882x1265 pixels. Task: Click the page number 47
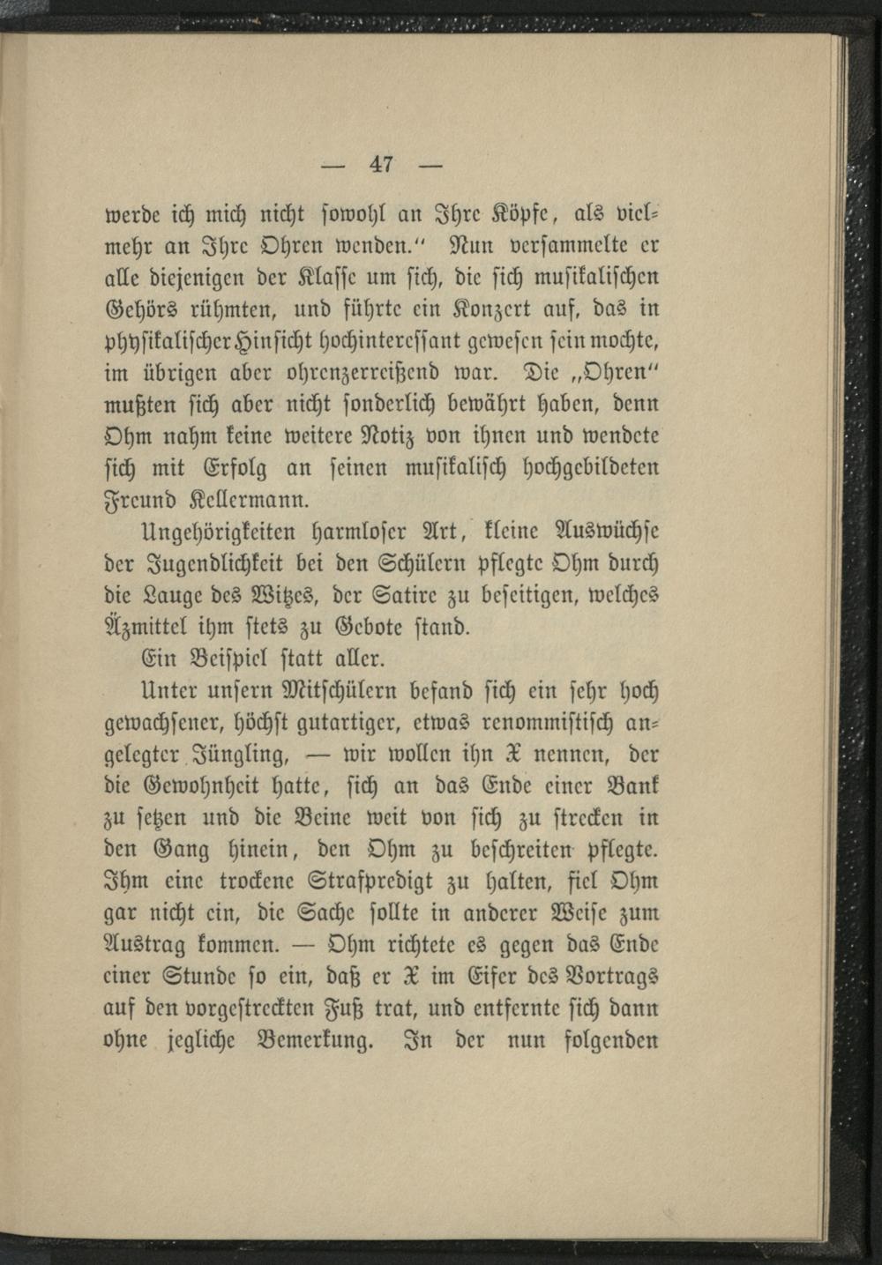382,164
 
